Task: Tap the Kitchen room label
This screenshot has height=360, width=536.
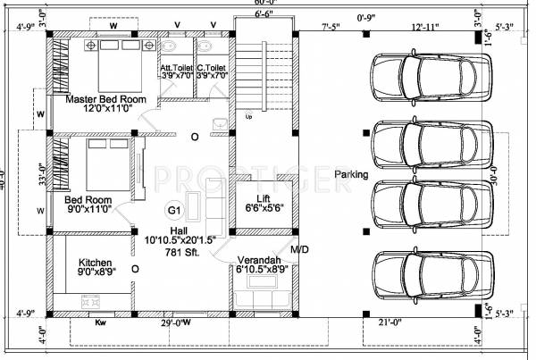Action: pos(95,263)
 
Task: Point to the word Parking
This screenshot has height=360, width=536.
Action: pos(351,175)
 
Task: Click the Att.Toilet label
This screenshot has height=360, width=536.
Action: pos(177,68)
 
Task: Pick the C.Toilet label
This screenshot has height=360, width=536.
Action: pos(212,68)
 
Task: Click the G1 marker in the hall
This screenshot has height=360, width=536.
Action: pos(175,210)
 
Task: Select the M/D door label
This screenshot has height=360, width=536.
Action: pos(299,249)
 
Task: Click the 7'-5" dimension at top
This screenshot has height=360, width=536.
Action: pos(330,27)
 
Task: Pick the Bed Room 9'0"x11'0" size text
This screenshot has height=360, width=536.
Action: pos(88,210)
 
